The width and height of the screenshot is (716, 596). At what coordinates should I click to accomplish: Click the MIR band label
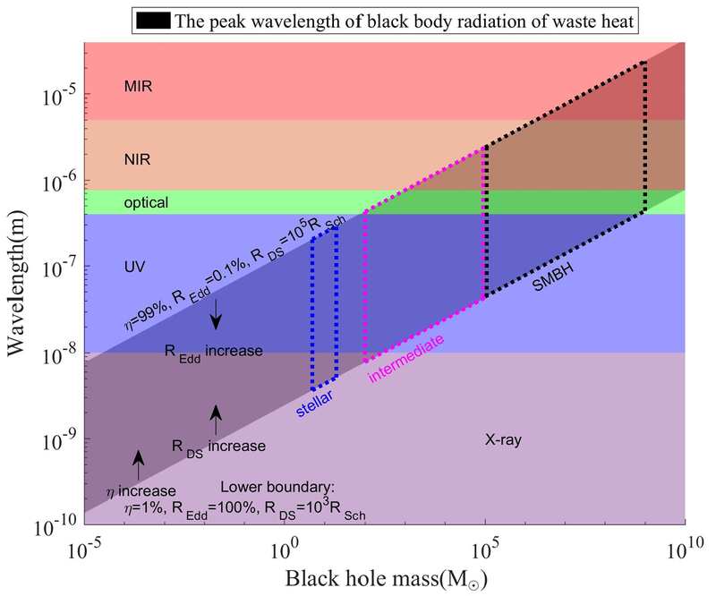point(138,86)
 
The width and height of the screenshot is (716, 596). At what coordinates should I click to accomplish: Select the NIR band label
point(137,159)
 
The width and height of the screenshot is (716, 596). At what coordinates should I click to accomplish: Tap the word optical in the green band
point(146,203)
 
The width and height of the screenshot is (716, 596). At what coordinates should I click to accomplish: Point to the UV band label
point(135,267)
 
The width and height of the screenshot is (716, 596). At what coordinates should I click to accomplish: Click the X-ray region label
point(503,439)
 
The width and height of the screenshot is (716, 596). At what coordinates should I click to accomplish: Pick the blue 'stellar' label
point(314,404)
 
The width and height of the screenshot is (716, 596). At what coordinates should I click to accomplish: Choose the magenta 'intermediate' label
point(406,359)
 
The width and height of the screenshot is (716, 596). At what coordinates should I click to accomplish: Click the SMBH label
point(553,277)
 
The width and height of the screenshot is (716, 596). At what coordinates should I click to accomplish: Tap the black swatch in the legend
point(153,21)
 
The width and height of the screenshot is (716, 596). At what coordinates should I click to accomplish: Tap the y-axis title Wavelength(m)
point(16,283)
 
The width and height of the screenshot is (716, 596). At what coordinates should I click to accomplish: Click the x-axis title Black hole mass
point(387,579)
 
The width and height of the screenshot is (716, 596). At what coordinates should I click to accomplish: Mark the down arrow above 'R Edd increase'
point(216,314)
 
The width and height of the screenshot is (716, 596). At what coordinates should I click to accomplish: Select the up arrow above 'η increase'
point(138,464)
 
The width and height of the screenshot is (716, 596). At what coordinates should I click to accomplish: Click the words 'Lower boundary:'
point(277,488)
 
